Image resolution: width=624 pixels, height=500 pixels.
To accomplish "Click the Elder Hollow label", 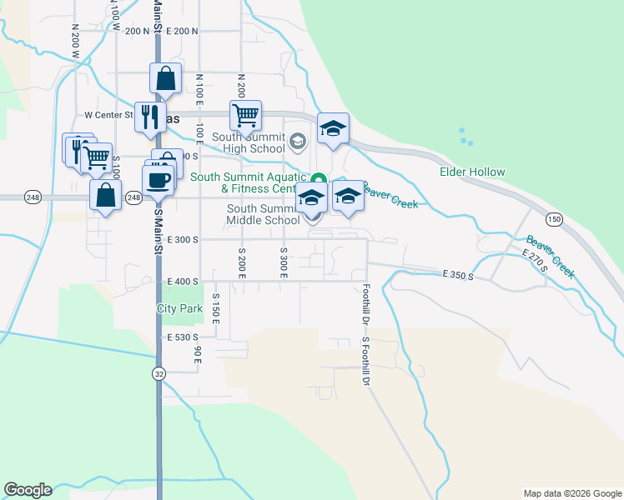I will [473, 172].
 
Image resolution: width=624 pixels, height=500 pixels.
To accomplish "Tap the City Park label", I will [179, 308].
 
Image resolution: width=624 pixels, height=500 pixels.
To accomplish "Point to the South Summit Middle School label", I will [263, 214].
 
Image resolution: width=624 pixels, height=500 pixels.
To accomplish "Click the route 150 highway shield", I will [554, 218].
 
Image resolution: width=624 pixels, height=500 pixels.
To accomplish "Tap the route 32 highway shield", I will [159, 374].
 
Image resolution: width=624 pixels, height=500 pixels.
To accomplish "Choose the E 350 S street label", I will [458, 274].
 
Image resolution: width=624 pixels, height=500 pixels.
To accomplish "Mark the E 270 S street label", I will [534, 261].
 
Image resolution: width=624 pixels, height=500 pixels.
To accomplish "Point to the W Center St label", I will [109, 115].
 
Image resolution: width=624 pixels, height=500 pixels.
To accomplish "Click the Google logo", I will [28, 490].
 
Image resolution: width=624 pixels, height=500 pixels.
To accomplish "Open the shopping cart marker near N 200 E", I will [246, 115].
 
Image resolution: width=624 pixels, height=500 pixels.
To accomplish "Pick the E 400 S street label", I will [183, 282].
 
